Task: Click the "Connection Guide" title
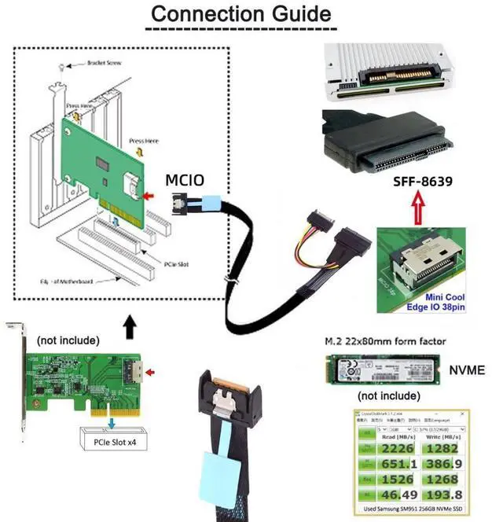[x=240, y=14]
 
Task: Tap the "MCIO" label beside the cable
[x=185, y=181]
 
